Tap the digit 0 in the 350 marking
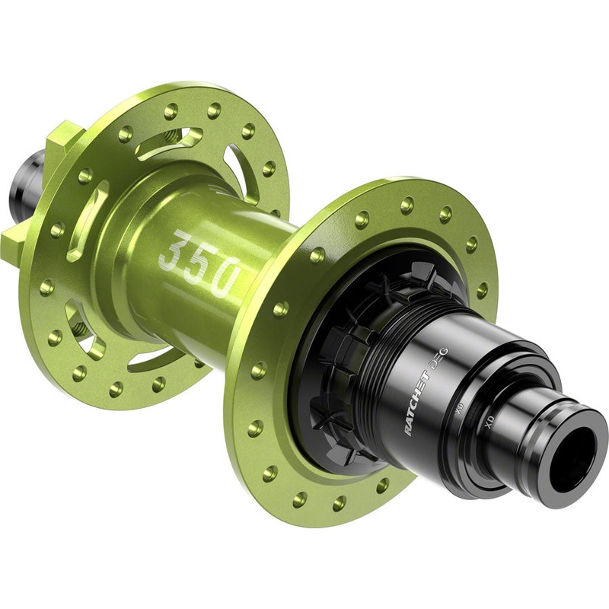(225, 279)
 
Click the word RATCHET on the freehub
(421, 403)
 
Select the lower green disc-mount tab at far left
(13, 244)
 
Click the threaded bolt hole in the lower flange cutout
(78, 333)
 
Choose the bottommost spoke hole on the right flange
(300, 499)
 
